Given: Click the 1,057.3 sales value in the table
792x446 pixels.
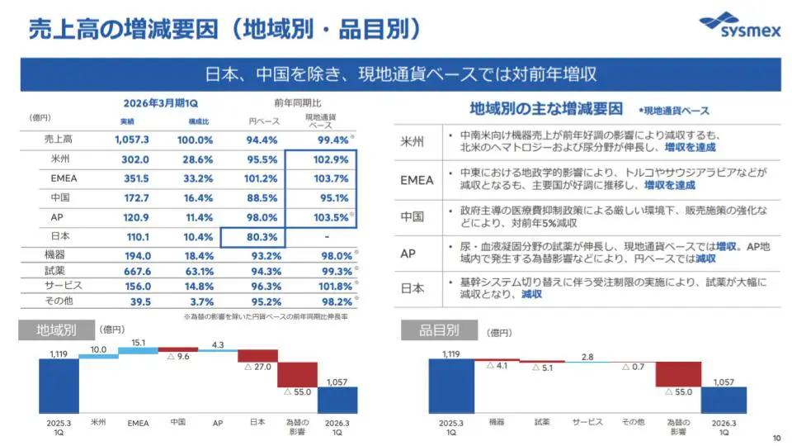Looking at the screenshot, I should pos(132,140).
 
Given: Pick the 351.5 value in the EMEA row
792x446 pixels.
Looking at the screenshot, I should pos(135,178).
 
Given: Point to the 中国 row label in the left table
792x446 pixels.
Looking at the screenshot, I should pos(59,198).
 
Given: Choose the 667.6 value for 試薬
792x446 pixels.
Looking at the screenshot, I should pos(134,270).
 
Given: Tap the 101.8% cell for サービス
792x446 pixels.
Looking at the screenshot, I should pos(333,286).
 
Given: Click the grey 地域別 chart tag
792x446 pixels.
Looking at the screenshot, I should pos(56,330).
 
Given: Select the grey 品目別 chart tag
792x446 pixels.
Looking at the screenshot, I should pos(430,330).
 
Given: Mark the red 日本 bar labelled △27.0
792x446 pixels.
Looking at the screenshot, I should pos(257,355).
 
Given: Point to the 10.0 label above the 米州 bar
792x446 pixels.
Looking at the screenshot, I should pos(98,349).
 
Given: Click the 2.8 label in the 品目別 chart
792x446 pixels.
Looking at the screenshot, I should pos(587,357).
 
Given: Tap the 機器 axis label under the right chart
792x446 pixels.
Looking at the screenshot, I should pos(497,422).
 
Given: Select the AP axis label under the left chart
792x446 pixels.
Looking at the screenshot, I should pos(218,422).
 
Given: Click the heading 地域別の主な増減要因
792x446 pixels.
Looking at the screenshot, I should pos(545,108).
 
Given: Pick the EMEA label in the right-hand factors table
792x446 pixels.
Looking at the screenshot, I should pos(417,180).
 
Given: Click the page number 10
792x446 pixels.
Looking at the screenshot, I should pos(775,437).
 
